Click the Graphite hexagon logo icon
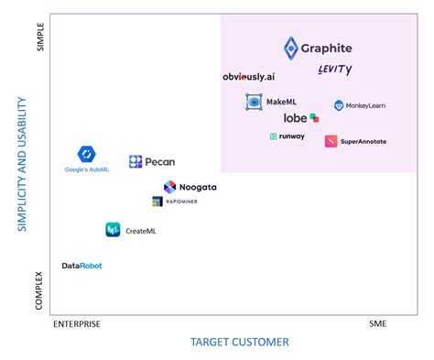click(290, 48)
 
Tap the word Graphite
click(327, 49)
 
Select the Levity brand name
click(334, 70)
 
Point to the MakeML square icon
click(254, 102)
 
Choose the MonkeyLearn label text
click(365, 106)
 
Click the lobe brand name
click(295, 118)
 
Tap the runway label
click(292, 137)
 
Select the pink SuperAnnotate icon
click(331, 141)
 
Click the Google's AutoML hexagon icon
click(87, 154)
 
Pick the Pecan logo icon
click(136, 162)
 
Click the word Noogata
click(197, 187)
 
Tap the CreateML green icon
click(113, 230)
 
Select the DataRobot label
click(82, 266)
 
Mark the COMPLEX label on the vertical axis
click(40, 289)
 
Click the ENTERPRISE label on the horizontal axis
click(77, 323)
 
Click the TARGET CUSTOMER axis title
click(239, 342)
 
